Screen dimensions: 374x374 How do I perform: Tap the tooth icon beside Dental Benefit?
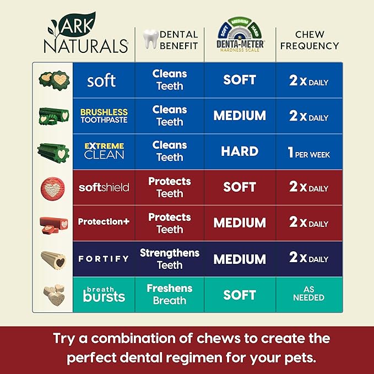pos(149,40)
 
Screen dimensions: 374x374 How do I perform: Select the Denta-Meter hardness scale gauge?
pos(240,33)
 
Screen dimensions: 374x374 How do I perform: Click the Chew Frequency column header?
pos(309,40)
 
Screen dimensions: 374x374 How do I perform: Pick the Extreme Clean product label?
pos(104,151)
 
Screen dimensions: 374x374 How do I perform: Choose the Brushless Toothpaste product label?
pos(104,116)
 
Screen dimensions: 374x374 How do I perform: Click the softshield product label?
pos(104,187)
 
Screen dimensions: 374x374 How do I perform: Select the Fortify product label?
pos(104,258)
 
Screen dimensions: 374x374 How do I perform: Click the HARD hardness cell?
pos(240,151)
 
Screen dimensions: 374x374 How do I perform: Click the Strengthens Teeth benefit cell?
pos(170,259)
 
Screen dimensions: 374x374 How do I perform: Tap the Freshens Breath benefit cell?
pos(170,294)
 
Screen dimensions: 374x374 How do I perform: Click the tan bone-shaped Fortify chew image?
pos(53,259)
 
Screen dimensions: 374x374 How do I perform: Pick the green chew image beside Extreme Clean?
pos(53,151)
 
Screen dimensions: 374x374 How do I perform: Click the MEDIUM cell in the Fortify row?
pos(240,259)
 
